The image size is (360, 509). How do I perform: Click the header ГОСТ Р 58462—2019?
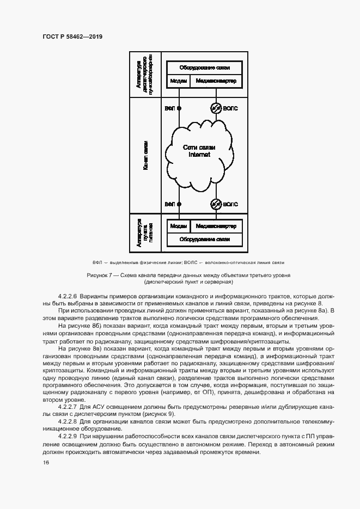72,36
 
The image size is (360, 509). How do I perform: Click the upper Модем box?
179,81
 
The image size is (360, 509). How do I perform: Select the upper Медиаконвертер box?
216,81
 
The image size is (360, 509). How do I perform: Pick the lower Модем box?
179,226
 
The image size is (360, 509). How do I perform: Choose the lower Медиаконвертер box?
216,226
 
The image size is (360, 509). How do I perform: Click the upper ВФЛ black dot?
179,108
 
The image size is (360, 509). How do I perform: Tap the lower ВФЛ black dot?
179,204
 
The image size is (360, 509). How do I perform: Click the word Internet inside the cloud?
199,155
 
